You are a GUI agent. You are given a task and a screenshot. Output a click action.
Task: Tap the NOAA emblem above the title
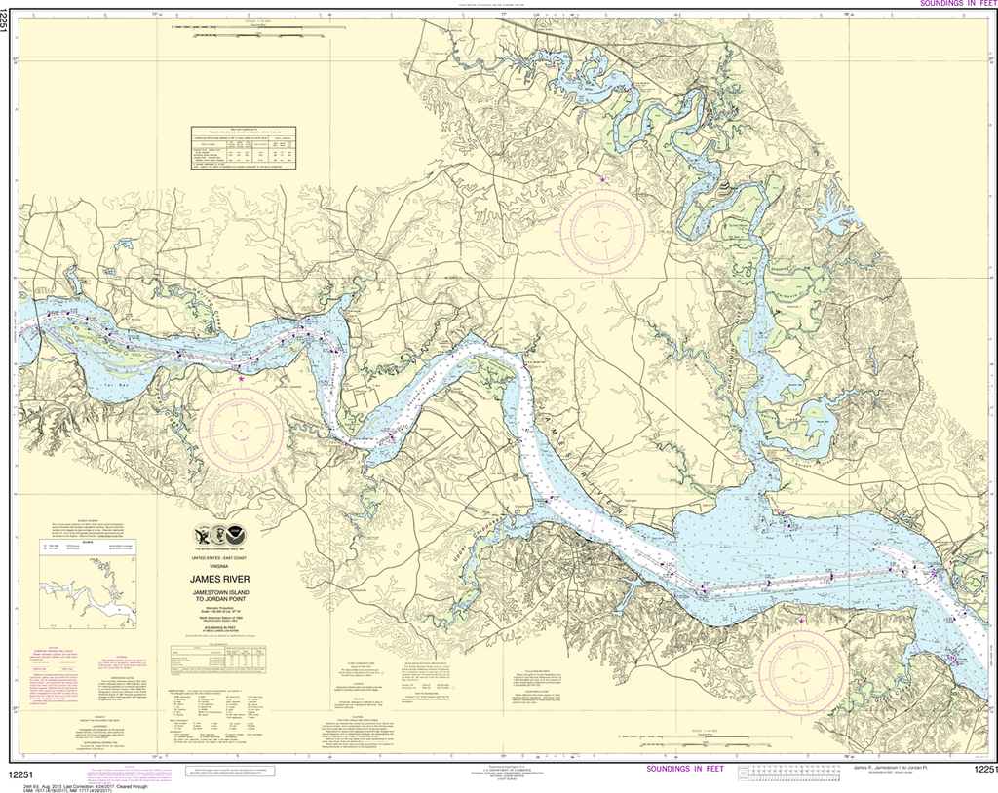click(220, 535)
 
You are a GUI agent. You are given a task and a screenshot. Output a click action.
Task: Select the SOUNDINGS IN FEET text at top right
click(951, 5)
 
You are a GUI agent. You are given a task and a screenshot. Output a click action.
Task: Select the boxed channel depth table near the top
click(243, 147)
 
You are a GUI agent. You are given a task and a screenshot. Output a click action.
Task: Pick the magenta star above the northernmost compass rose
click(603, 179)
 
